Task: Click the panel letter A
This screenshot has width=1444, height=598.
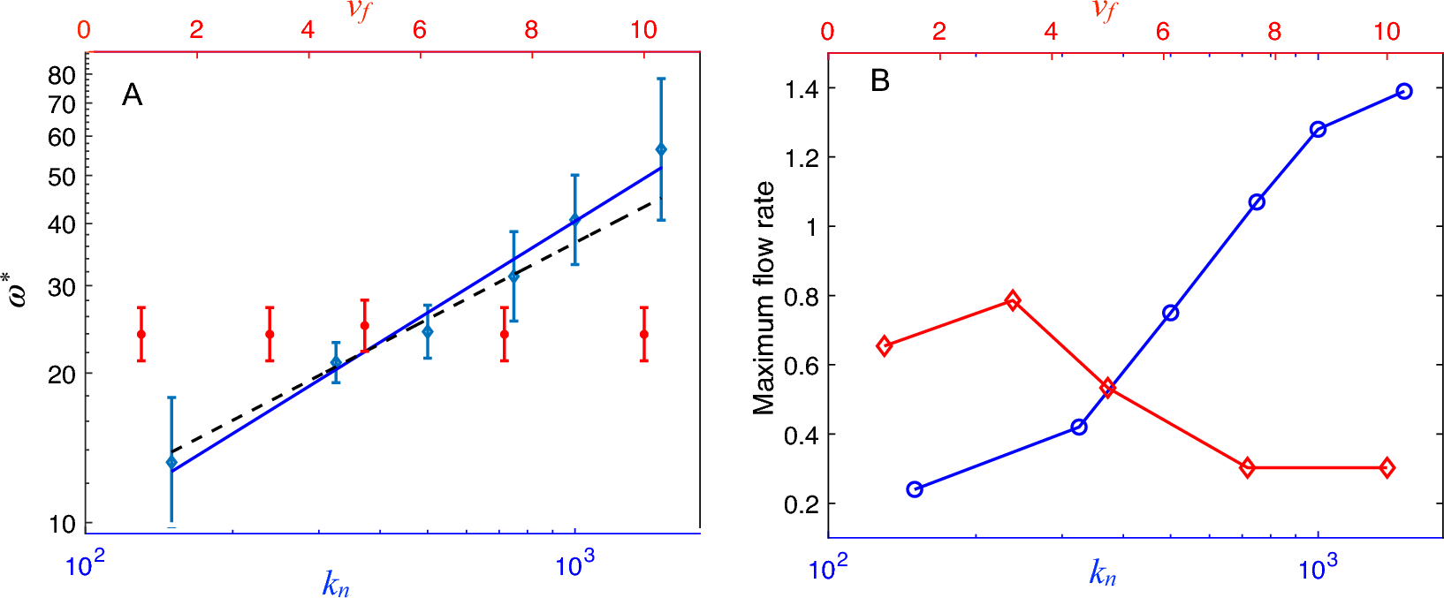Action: pos(132,95)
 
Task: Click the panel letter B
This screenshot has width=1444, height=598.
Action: pos(879,81)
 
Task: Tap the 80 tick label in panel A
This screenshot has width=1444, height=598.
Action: pos(62,76)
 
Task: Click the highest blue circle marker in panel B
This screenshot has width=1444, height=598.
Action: pos(1404,92)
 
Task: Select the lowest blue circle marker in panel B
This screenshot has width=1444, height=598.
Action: pos(915,489)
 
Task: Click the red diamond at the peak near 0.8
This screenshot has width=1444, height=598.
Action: pos(1013,300)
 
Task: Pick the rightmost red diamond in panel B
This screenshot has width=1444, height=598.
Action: pos(1387,467)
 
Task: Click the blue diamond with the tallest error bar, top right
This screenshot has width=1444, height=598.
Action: pos(661,149)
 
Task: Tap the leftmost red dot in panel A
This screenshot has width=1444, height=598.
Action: pos(141,334)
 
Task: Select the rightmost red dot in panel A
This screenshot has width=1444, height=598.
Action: pos(644,334)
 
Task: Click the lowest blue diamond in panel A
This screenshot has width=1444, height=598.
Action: pos(171,462)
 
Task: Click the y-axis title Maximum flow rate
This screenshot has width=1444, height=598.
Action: pos(764,298)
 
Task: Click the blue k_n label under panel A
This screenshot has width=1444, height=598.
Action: pos(336,583)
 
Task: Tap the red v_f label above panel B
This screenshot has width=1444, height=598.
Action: pos(1104,10)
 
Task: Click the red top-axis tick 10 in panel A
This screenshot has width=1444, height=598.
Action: pos(643,30)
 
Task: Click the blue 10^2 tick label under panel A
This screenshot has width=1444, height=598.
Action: pos(86,566)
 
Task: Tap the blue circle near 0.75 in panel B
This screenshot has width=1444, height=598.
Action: pos(1171,313)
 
